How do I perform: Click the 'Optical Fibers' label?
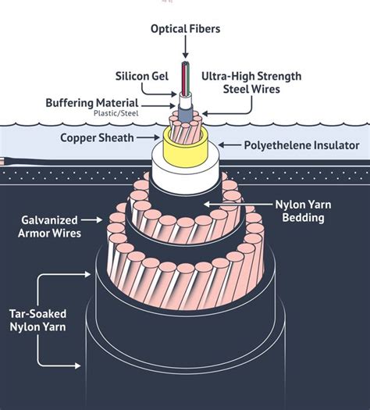point(185,29)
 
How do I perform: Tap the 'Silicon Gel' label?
point(142,76)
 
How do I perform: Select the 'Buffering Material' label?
point(92,103)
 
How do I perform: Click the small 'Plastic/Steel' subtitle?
point(116,113)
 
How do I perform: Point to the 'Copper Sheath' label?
point(97,137)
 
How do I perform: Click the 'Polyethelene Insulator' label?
point(301,145)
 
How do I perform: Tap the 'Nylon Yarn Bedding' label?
point(304,211)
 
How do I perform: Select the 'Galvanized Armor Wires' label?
point(49,226)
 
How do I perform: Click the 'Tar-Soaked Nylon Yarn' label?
point(38,320)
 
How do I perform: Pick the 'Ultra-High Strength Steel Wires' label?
point(251,83)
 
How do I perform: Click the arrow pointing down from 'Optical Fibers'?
point(186,47)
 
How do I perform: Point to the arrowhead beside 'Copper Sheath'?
point(156,137)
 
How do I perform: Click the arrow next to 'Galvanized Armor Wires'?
point(91,220)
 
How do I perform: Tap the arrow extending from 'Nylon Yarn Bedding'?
point(239,204)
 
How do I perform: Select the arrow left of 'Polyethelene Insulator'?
point(229,144)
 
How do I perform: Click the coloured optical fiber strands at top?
point(186,78)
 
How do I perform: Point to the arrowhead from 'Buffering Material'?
point(173,105)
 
